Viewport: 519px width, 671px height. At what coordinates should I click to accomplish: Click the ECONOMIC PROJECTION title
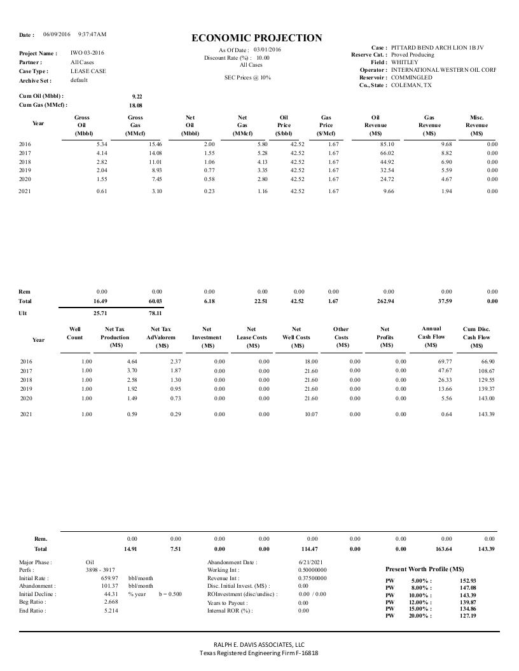point(257,38)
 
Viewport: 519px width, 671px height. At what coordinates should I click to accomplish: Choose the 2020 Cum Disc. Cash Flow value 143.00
point(486,398)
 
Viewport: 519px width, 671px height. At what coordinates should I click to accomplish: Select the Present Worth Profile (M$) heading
point(425,569)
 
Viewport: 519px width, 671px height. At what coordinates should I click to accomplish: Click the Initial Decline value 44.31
point(111,594)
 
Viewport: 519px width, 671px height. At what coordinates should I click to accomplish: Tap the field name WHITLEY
point(405,62)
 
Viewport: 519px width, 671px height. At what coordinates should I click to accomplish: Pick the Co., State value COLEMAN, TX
point(412,85)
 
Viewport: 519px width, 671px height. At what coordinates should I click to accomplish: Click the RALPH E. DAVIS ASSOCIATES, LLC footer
point(259,644)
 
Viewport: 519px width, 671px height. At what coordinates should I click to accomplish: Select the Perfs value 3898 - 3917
point(100,571)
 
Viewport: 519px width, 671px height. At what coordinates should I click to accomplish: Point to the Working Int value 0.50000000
point(313,571)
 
